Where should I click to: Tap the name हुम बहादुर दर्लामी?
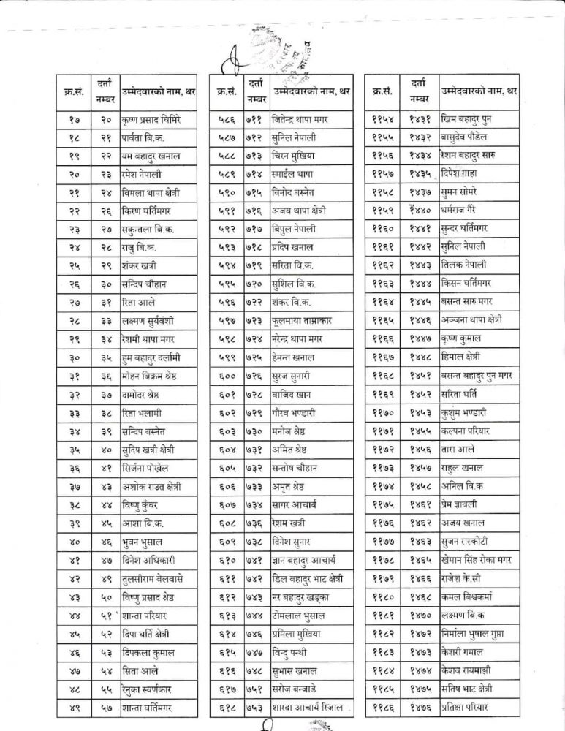click(161, 358)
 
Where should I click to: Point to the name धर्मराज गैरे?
click(466, 211)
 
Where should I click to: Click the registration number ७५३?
click(255, 708)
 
